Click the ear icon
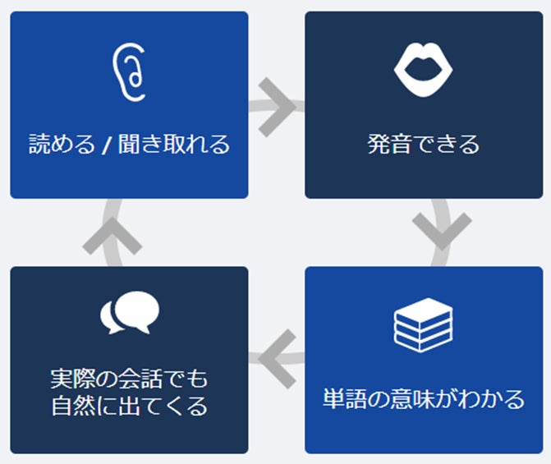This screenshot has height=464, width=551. (x=129, y=72)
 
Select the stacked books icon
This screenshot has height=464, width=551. (x=424, y=325)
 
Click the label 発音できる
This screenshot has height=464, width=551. (x=424, y=145)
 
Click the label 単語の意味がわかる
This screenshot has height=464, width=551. (x=424, y=400)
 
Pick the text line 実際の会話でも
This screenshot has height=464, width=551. (x=129, y=379)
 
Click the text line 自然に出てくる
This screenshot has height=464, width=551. (x=129, y=406)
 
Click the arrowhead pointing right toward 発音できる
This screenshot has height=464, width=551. (x=278, y=105)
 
